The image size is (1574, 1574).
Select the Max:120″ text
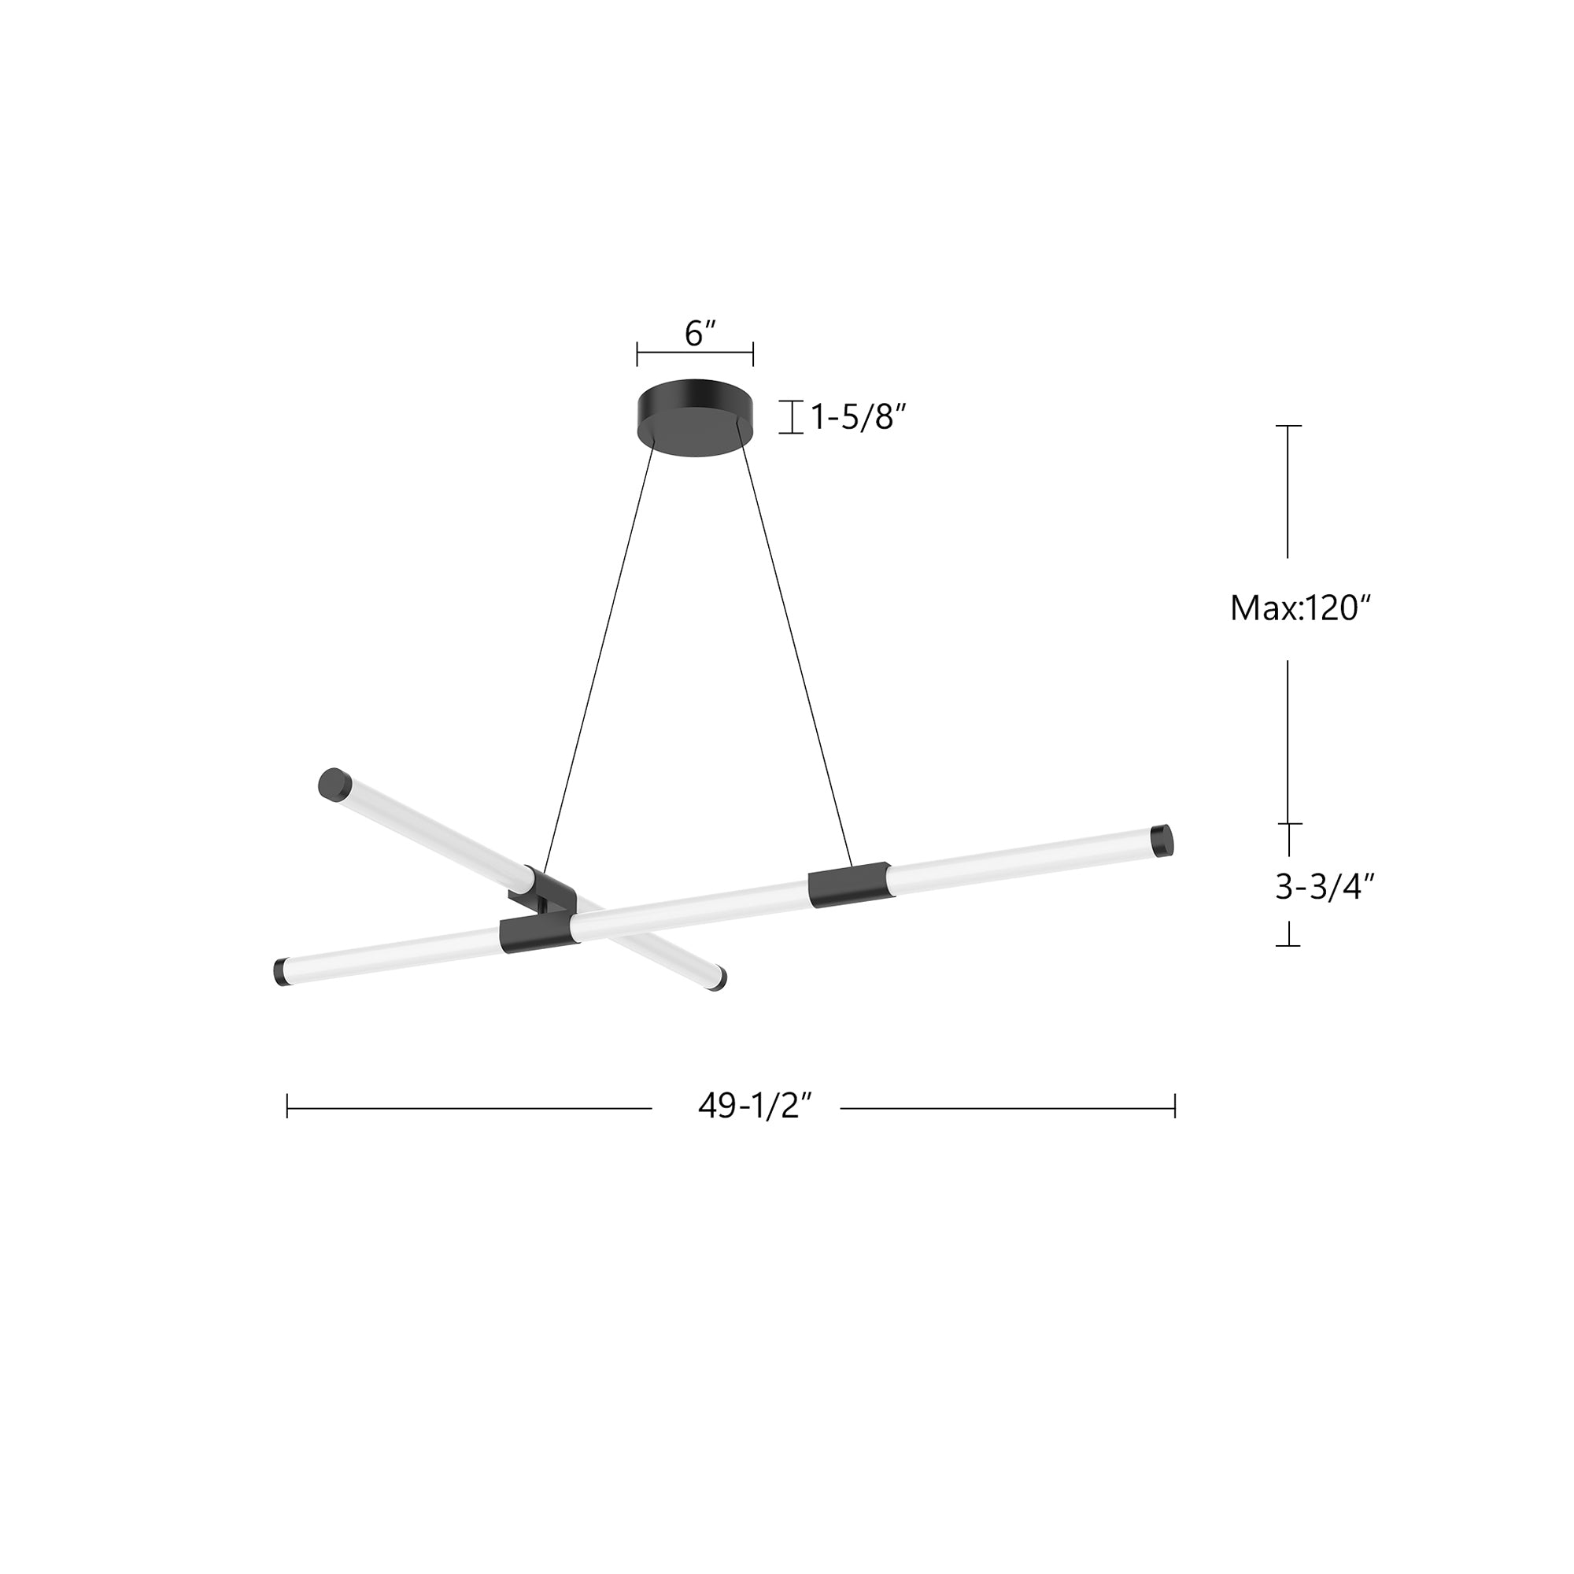(1295, 608)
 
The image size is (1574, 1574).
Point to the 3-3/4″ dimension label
(1325, 887)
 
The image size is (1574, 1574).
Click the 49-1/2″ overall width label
(756, 1107)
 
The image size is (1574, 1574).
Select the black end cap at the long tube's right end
(1162, 840)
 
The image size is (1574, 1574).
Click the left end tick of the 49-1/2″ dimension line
(287, 1107)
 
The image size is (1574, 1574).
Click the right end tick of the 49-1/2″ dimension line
(1175, 1107)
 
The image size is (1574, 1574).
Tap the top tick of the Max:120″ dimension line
(1288, 426)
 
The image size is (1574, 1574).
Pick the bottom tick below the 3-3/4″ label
(1288, 945)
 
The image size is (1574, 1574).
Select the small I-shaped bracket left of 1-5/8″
(791, 417)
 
